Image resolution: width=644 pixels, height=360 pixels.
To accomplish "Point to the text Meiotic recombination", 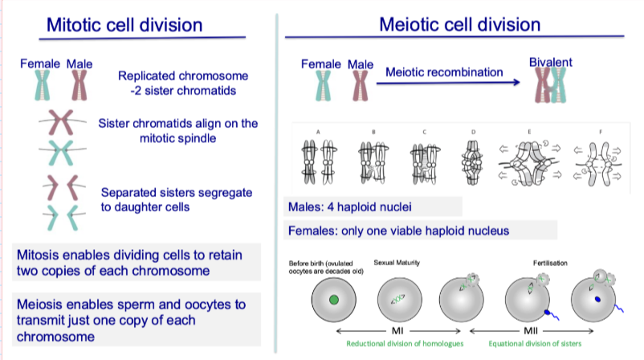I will pyautogui.click(x=444, y=72).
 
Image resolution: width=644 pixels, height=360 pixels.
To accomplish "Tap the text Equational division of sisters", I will pyautogui.click(x=554, y=343).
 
